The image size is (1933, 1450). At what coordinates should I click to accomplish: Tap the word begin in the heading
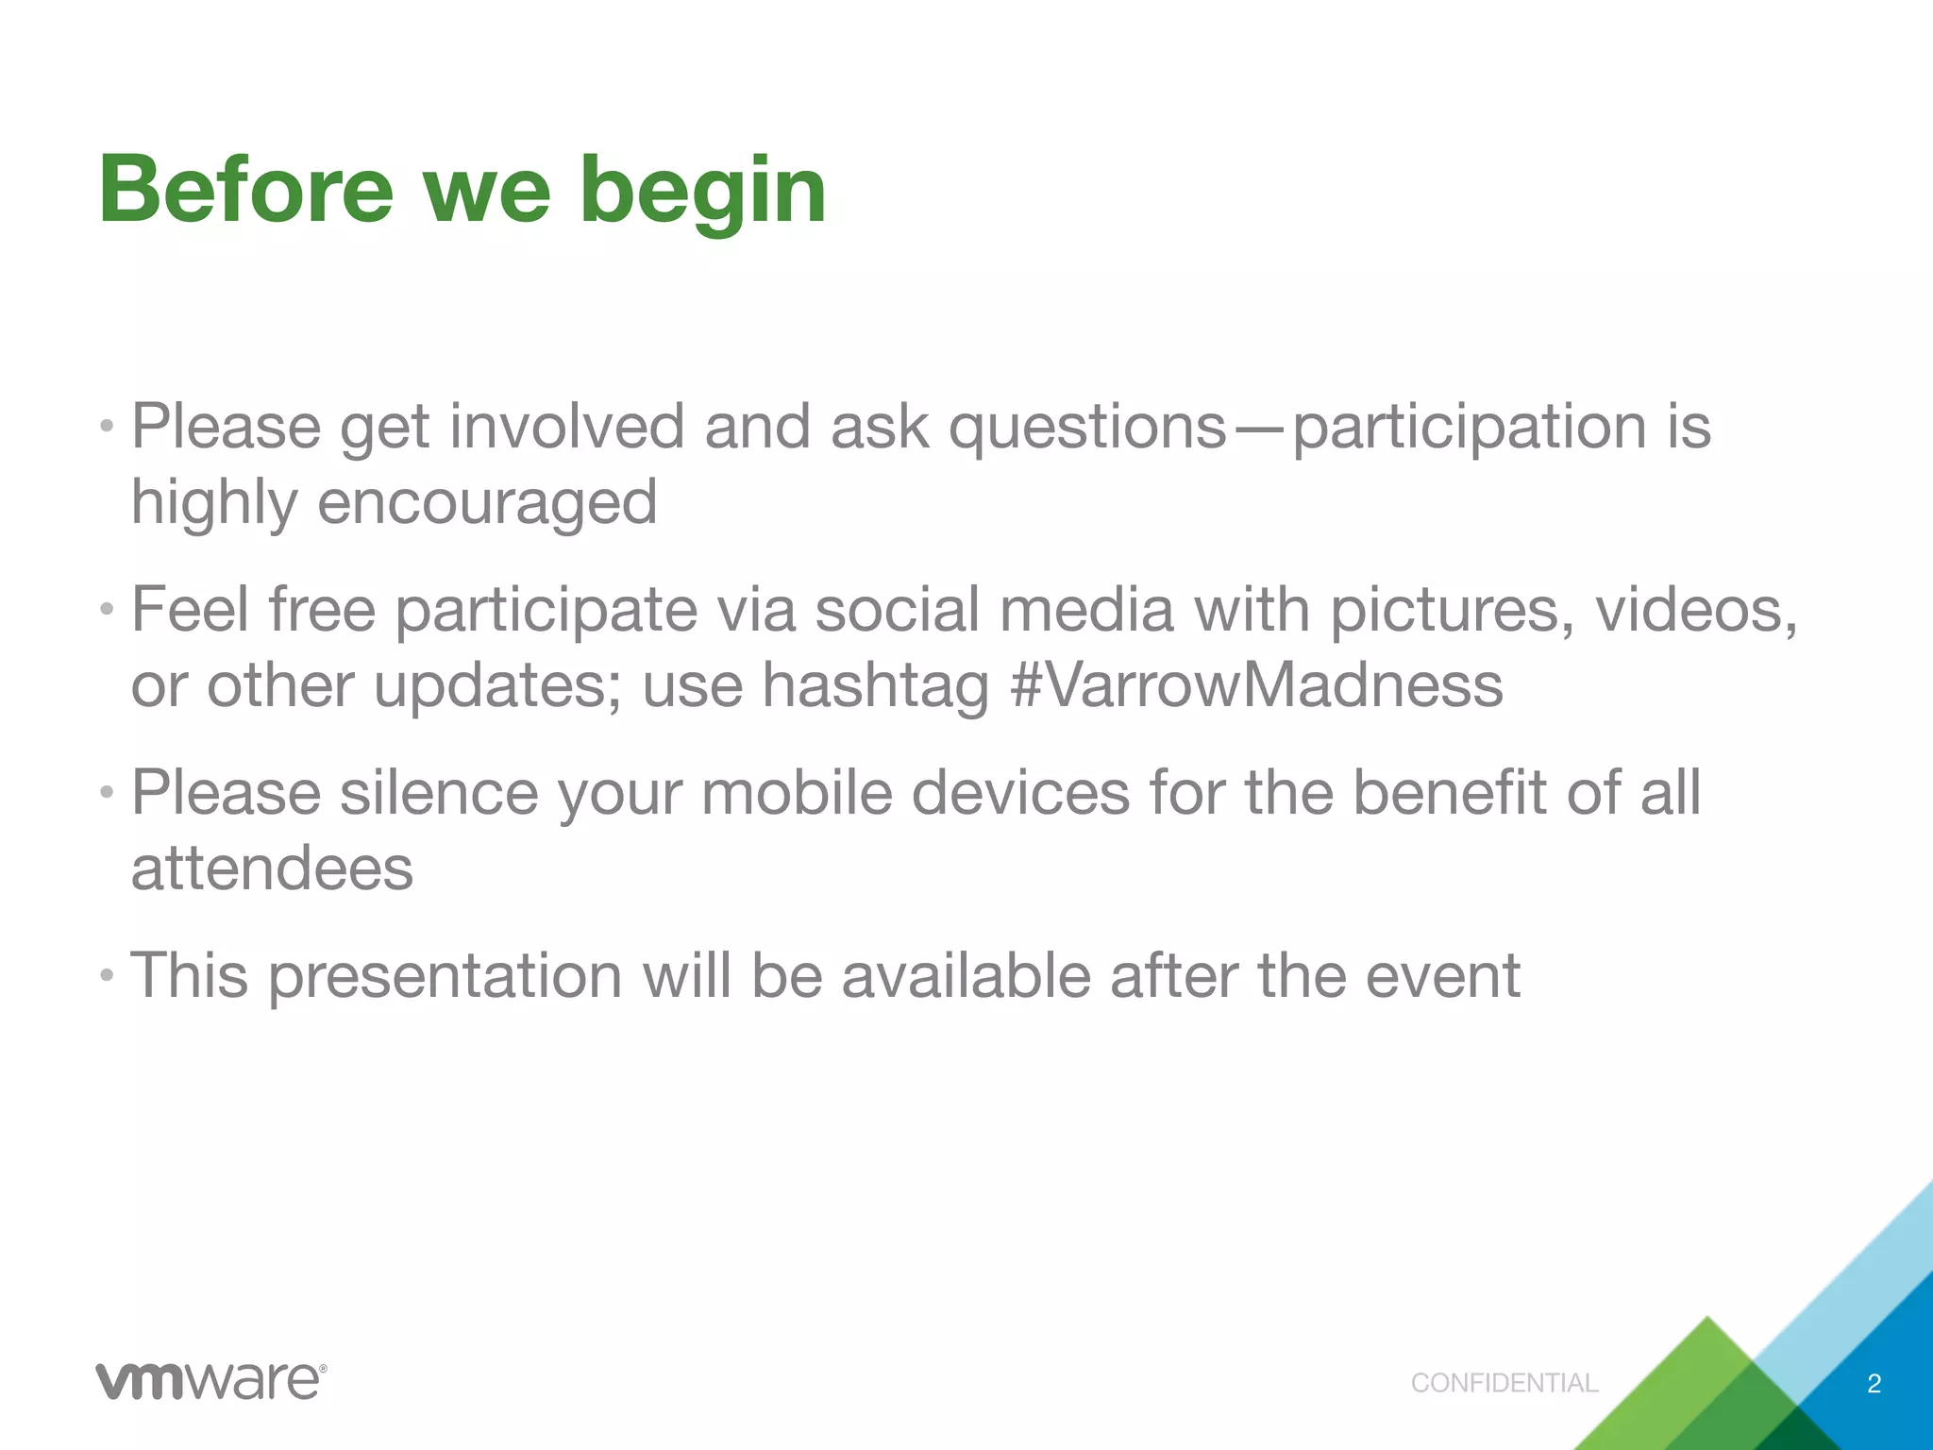703,194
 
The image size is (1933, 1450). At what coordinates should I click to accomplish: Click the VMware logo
210,1381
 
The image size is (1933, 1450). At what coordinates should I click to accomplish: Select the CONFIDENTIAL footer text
1504,1383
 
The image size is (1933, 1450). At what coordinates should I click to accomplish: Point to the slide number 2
1874,1384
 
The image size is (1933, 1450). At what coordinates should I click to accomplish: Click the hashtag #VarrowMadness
1256,684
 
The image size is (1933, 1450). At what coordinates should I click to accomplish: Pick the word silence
439,792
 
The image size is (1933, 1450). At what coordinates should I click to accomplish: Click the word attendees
272,868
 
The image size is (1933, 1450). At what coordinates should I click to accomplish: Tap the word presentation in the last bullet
445,975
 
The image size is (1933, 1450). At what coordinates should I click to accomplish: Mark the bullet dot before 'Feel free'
108,610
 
